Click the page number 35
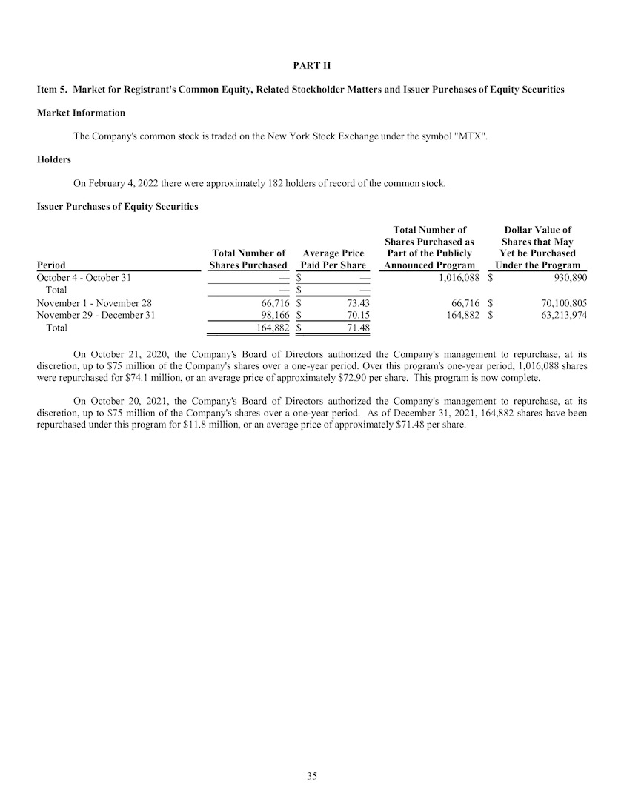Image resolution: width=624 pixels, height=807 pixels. tap(312, 776)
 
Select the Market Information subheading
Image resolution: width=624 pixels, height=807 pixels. tap(81, 113)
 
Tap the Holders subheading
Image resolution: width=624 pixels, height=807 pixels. tap(54, 159)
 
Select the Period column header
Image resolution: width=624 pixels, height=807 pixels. tap(51, 265)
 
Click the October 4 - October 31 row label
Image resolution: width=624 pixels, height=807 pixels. tap(84, 277)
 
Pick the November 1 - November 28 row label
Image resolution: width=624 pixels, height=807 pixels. tap(94, 302)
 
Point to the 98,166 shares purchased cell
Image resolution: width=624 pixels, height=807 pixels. tap(273, 315)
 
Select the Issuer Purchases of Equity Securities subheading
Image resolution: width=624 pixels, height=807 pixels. tap(117, 206)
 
